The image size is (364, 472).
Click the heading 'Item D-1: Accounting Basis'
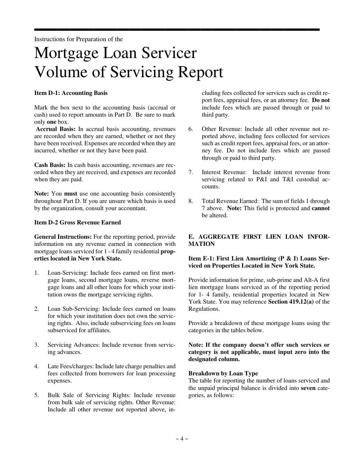pos(71,93)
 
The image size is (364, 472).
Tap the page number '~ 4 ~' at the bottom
pos(182,439)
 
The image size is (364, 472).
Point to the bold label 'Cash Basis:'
pos(50,165)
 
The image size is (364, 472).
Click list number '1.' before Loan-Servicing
pos(37,273)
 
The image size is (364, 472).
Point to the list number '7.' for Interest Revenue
pos(191,172)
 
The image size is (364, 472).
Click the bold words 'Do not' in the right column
pos(321,100)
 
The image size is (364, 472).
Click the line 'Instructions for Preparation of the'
pos(79,39)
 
